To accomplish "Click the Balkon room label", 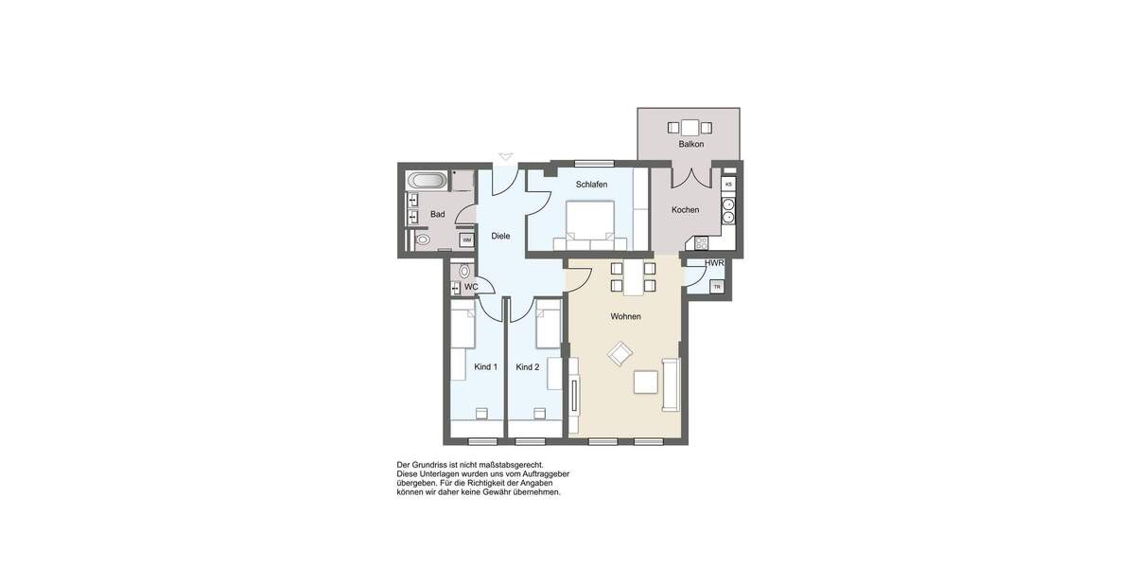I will [x=690, y=145].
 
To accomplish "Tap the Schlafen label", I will [x=591, y=185].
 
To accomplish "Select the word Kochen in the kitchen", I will [x=685, y=210].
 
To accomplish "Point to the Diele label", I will [x=500, y=236].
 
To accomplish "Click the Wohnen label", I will [x=625, y=317].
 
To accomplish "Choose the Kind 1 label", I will [x=485, y=366].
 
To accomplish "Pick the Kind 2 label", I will [x=527, y=366].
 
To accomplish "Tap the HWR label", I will [x=714, y=263].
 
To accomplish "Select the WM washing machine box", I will [x=466, y=240].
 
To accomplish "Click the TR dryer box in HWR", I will [x=717, y=287].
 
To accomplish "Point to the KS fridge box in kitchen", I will [x=728, y=184].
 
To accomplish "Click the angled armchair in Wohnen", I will [x=620, y=355].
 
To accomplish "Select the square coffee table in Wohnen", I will [x=647, y=382].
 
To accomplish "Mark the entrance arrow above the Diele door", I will [x=506, y=156].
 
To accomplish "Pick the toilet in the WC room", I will [x=464, y=272].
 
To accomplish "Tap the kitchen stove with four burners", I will [x=728, y=210].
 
